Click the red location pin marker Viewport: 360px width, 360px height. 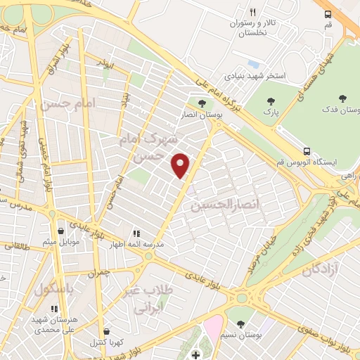coord(181,165)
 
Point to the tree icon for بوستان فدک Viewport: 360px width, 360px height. coord(342,98)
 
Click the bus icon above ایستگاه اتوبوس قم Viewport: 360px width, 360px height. coord(307,150)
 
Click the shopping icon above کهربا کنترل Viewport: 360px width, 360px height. coord(105,331)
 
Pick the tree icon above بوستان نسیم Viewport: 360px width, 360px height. coord(241,324)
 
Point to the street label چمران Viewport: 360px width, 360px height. coord(101,271)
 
